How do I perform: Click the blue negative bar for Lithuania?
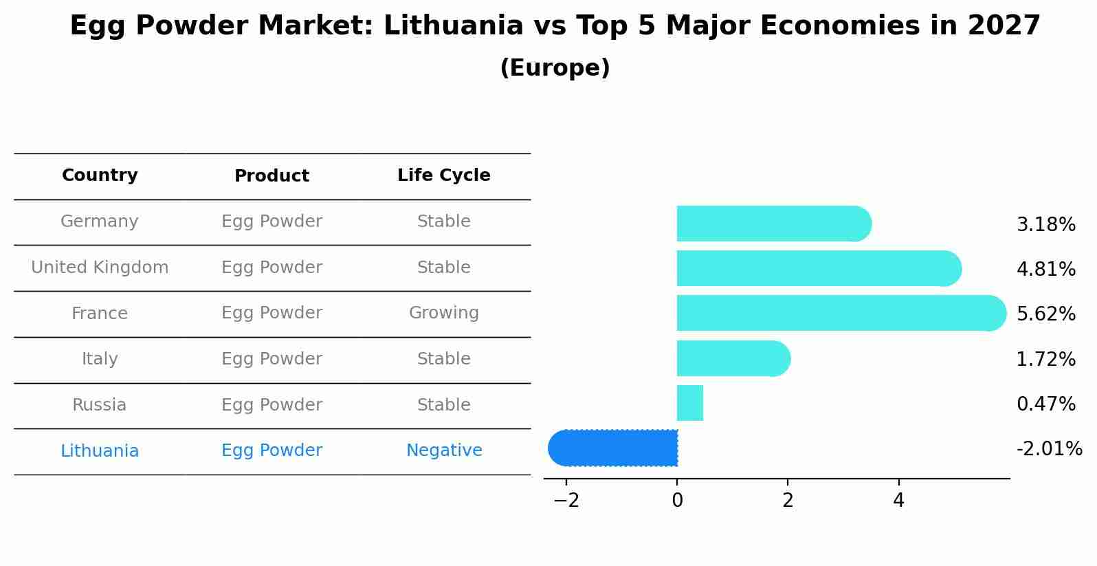(x=613, y=448)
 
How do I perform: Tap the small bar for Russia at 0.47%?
(x=689, y=403)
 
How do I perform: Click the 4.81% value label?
(x=1045, y=269)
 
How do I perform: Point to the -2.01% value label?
(x=1049, y=449)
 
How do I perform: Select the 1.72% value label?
(x=1045, y=359)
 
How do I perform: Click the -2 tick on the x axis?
(x=566, y=501)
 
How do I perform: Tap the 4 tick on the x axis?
(x=898, y=501)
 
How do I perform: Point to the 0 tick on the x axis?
(x=677, y=501)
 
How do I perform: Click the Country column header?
(x=100, y=175)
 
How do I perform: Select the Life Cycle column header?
(x=443, y=175)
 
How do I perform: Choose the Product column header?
(x=272, y=176)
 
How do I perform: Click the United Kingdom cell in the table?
(x=100, y=268)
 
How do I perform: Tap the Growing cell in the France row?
(x=443, y=313)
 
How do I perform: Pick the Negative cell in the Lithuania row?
(x=443, y=450)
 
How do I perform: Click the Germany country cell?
(x=100, y=221)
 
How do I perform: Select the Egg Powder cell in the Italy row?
(x=272, y=359)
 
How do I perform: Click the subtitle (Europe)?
(x=555, y=68)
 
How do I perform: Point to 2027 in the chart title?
(x=1004, y=26)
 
